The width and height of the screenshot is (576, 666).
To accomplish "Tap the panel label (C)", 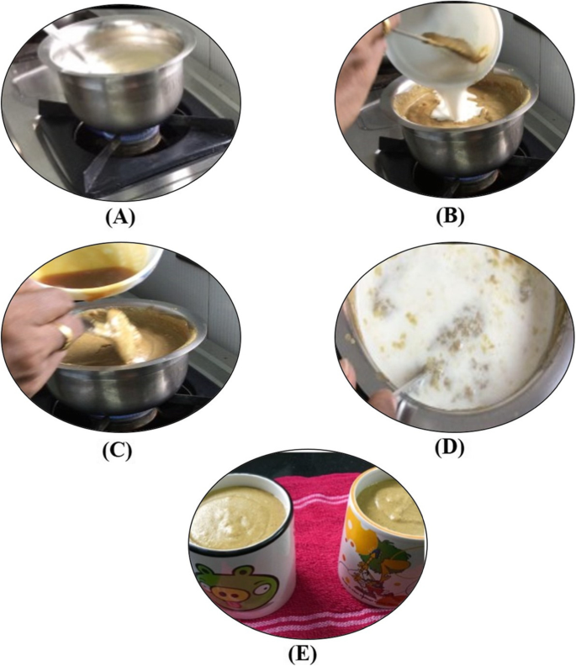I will pos(118,448).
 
